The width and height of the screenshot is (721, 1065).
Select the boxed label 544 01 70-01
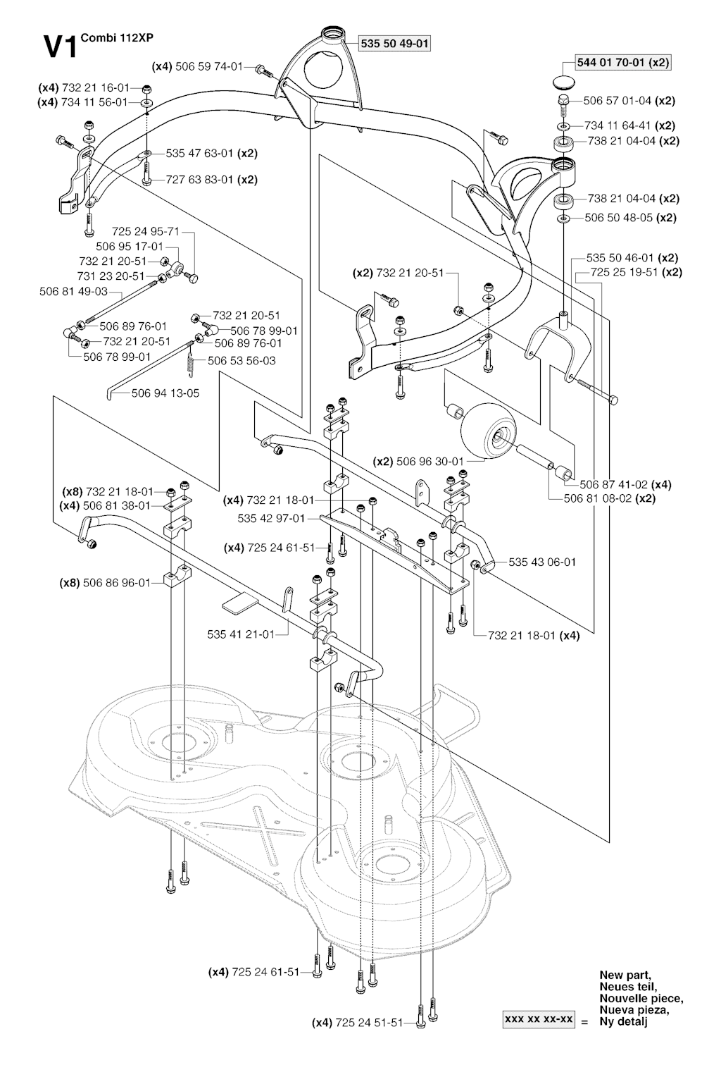(611, 63)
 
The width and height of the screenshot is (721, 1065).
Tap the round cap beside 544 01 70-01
(565, 80)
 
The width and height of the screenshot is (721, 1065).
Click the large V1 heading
(60, 48)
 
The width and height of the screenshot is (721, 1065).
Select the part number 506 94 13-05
(165, 393)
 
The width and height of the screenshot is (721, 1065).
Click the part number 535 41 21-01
(241, 634)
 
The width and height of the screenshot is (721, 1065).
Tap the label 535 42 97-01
(271, 519)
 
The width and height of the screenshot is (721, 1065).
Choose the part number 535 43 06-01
(542, 562)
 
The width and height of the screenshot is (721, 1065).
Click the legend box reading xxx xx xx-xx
(539, 1020)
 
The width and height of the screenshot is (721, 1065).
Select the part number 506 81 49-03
(73, 291)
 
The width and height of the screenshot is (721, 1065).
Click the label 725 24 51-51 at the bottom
(369, 1023)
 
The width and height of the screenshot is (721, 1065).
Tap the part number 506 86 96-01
(117, 583)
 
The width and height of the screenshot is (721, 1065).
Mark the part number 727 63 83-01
(199, 180)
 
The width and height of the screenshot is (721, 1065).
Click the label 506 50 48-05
(619, 218)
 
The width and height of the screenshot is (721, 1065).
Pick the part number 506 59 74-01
(209, 67)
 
